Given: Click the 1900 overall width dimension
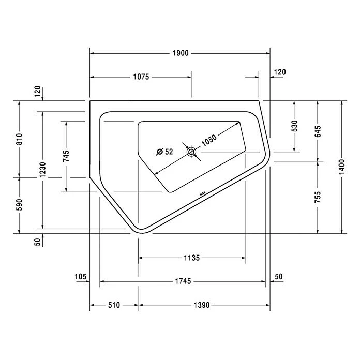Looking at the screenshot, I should pos(181,53).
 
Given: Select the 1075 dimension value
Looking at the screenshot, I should pos(140,77).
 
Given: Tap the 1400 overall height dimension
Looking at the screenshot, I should pos(341,167).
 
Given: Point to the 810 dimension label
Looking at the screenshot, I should pos(19,138).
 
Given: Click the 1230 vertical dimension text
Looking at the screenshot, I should pos(42,169).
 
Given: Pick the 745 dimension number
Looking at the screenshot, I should pos(66,156).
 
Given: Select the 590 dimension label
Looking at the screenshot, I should pos(19,205).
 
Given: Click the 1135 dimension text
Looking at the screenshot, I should pos(192,258).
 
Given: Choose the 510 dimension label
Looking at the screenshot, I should pos(114,305).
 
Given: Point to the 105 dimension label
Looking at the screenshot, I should pos(80,277).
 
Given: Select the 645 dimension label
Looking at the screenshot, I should pos(318,131).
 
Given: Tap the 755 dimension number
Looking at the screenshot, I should pos(318,197).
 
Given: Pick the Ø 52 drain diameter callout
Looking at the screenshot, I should pos(164,152).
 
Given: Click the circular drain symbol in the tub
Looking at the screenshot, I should pos(191,152).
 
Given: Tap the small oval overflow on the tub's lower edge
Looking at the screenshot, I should pos(202,195).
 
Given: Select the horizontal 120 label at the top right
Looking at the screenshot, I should pos(279,72).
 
